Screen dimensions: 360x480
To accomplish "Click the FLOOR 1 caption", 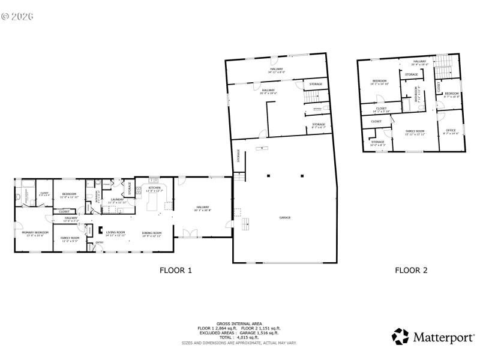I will coord(175,271).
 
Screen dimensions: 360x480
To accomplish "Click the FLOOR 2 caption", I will coord(411,271).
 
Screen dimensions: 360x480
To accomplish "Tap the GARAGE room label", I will coord(284,217).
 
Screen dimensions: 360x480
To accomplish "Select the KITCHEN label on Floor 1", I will coord(154,188).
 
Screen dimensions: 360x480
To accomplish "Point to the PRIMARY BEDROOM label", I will coord(35,232).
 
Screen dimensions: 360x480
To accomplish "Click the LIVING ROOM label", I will coord(115,232).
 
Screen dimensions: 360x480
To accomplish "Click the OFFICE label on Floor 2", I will coord(451,130).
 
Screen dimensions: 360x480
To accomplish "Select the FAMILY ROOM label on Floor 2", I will coord(415,131).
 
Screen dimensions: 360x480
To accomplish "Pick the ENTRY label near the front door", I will coord(99,242).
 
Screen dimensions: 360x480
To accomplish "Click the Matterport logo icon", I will coord(400,337).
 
